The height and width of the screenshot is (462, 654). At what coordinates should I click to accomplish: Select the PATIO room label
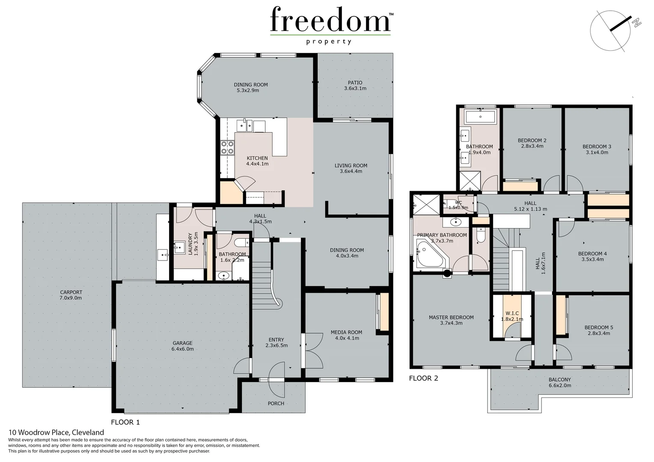click(355, 86)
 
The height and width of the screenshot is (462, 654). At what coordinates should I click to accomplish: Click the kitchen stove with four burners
click(227, 148)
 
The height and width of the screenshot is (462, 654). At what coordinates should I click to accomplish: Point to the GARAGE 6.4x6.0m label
click(182, 346)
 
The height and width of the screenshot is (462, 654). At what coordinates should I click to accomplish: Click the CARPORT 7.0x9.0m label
click(71, 295)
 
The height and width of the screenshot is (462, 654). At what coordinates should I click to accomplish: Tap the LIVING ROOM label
click(351, 168)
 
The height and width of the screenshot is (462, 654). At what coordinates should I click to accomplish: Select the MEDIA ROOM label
click(346, 335)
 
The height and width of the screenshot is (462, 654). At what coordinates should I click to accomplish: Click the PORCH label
click(276, 403)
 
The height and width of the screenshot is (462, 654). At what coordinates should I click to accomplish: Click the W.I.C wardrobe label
click(512, 316)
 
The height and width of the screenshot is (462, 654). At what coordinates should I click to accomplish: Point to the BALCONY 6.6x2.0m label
click(559, 382)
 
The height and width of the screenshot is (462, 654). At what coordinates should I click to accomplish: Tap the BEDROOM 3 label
click(597, 149)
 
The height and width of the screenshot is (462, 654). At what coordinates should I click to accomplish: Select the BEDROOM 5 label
click(598, 330)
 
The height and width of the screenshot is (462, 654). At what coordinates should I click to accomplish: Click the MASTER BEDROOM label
click(451, 320)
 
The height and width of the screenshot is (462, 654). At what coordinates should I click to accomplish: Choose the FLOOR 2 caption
click(423, 378)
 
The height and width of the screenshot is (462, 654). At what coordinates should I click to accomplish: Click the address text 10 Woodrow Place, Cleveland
click(56, 432)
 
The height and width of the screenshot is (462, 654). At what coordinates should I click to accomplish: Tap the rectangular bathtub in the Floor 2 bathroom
click(480, 116)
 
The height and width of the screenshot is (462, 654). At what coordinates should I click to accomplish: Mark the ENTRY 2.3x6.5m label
click(276, 343)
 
